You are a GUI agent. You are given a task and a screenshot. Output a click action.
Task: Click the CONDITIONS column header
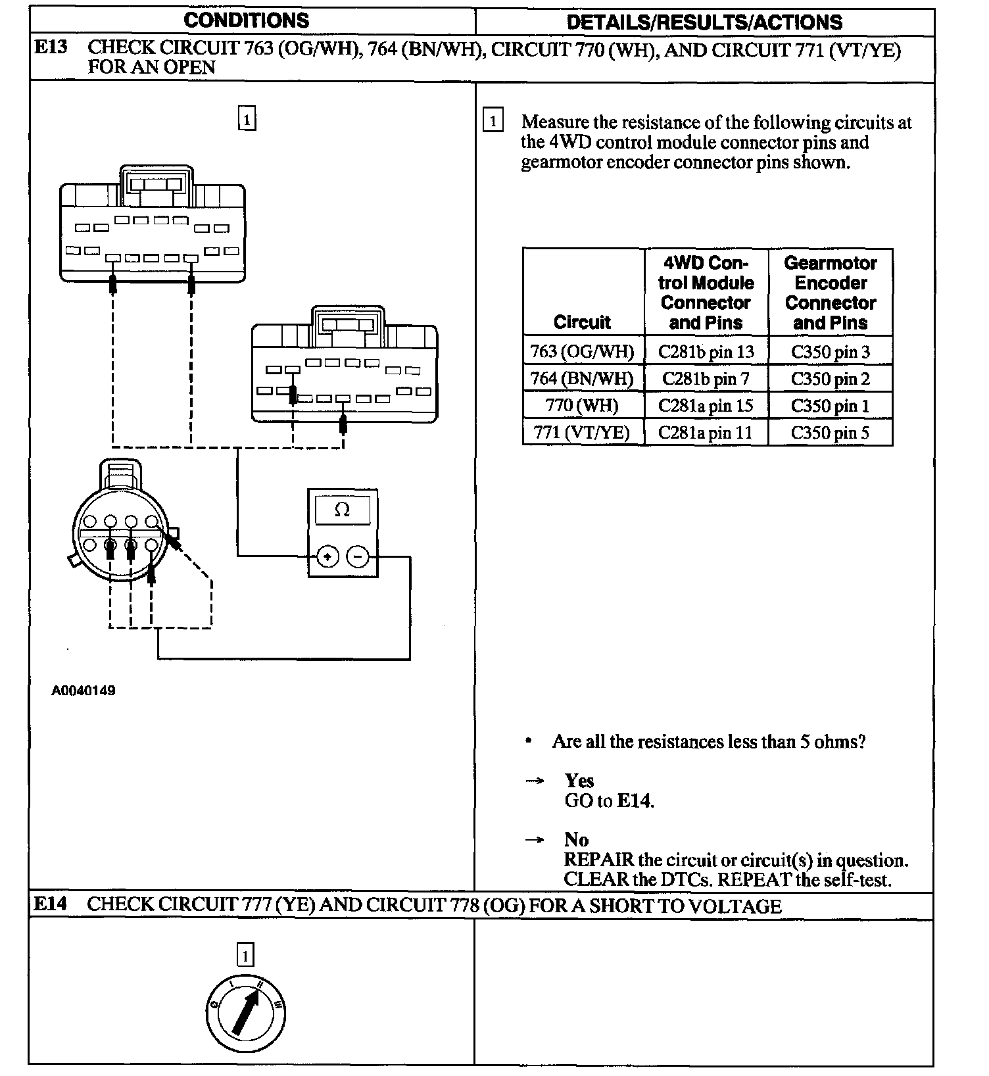(246, 20)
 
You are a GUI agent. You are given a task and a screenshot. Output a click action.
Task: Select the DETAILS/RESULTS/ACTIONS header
(704, 22)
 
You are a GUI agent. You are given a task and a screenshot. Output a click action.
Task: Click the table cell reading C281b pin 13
(706, 352)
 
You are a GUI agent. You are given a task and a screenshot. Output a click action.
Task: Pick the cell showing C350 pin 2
(830, 379)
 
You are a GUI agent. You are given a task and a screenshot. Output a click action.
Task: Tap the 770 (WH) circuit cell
(582, 405)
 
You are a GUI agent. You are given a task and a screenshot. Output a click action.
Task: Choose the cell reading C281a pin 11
(706, 433)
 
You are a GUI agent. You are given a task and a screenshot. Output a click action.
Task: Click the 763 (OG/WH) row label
(582, 352)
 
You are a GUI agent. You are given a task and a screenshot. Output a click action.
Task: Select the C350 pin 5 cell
(830, 433)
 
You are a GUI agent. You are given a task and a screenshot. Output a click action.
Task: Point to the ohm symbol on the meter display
(342, 510)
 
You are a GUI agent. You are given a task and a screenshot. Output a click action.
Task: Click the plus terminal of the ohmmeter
(327, 557)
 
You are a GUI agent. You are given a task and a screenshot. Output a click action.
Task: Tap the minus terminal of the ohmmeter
(358, 557)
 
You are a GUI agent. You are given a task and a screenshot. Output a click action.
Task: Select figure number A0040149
(84, 691)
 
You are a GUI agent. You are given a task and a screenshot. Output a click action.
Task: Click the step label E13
(50, 47)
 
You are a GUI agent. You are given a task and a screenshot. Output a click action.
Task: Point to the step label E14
(50, 904)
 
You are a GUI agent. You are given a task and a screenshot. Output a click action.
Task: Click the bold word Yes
(579, 781)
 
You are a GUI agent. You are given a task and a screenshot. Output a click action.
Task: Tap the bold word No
(576, 840)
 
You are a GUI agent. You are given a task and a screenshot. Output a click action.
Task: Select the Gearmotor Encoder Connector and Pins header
(830, 293)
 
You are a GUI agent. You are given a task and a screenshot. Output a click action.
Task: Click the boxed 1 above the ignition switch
(245, 954)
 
